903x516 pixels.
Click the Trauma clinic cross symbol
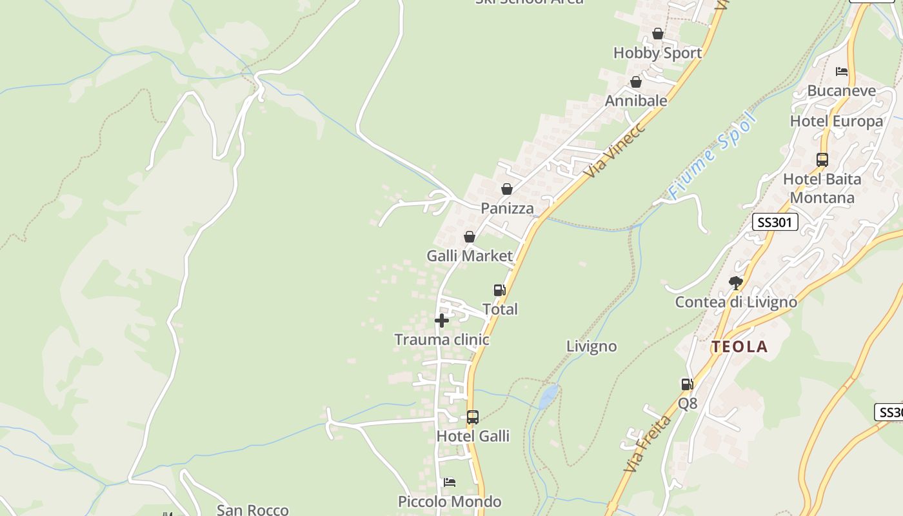[442, 320]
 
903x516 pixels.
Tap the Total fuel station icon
[499, 290]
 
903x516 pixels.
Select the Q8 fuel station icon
[688, 384]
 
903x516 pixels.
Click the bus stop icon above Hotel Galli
[473, 417]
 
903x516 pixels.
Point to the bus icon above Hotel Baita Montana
[822, 160]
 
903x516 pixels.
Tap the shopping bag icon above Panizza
[507, 189]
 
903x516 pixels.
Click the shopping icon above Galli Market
[470, 237]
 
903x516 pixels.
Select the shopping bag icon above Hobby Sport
[658, 34]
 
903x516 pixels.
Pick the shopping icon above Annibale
[636, 82]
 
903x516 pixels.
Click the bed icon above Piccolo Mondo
[450, 482]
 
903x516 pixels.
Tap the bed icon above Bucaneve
[842, 71]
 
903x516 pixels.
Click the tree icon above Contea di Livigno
[735, 283]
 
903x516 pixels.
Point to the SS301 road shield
[775, 223]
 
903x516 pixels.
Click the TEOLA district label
[740, 347]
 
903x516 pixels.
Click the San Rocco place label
[252, 510]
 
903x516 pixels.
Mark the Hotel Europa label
[837, 121]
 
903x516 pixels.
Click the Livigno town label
[591, 346]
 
